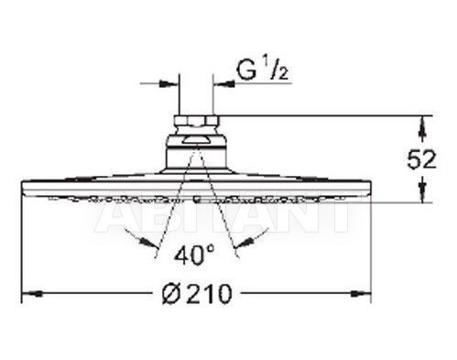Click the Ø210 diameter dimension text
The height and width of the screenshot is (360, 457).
[197, 294]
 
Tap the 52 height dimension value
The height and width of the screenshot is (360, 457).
[422, 159]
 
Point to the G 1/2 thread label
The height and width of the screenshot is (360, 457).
[263, 71]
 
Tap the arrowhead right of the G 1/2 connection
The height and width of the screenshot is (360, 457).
[223, 83]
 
